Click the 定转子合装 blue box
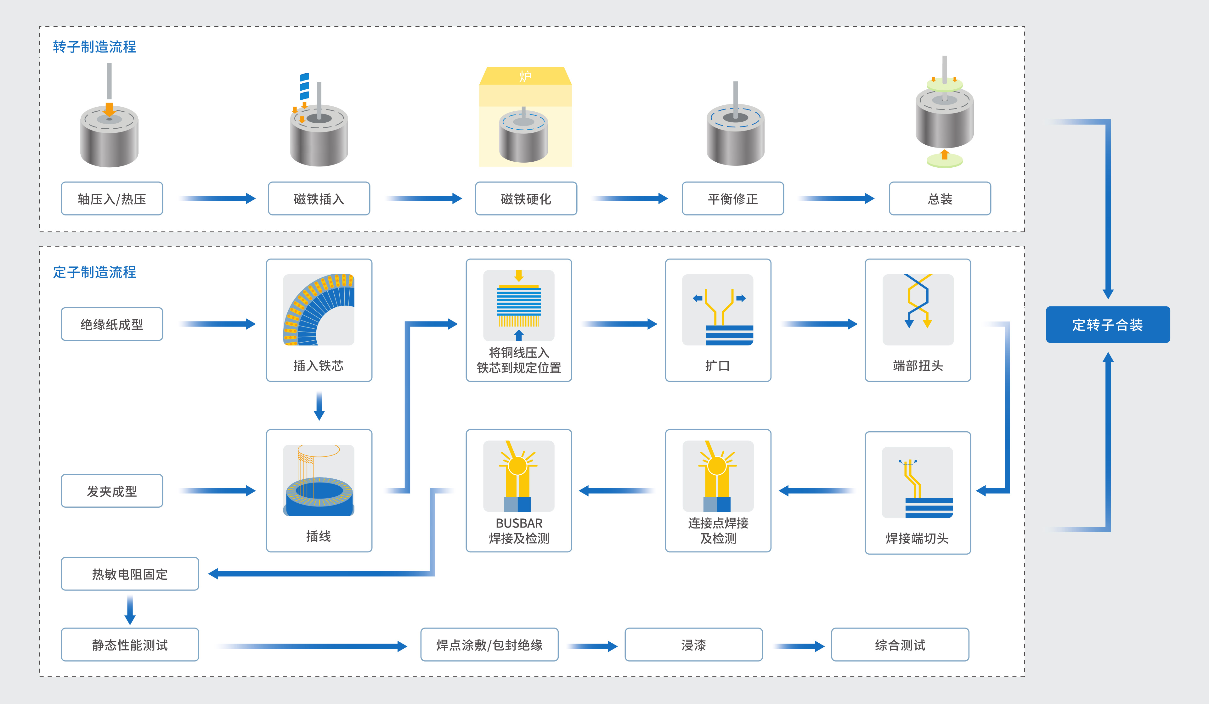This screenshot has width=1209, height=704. coord(1107,325)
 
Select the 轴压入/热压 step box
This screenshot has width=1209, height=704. coord(112,198)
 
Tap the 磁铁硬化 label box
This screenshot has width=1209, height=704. coord(526,198)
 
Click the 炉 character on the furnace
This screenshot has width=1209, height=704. coord(525,76)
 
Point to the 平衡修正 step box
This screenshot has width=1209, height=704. coord(732,198)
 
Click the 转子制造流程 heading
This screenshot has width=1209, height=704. coord(94,47)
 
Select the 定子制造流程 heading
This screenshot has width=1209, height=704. coord(94,272)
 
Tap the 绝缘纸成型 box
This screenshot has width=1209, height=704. coord(112,324)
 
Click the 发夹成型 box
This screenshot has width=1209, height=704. coord(112,491)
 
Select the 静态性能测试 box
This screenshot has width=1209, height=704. coord(130,645)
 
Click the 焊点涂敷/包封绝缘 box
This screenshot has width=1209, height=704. coord(489,645)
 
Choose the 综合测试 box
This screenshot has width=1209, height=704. coord(900,645)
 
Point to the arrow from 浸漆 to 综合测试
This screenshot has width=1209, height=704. coord(799,646)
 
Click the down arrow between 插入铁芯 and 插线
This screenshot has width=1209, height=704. coord(319,406)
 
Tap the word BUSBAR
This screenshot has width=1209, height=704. coord(519,523)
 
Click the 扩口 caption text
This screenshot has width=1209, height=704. coord(717,366)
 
